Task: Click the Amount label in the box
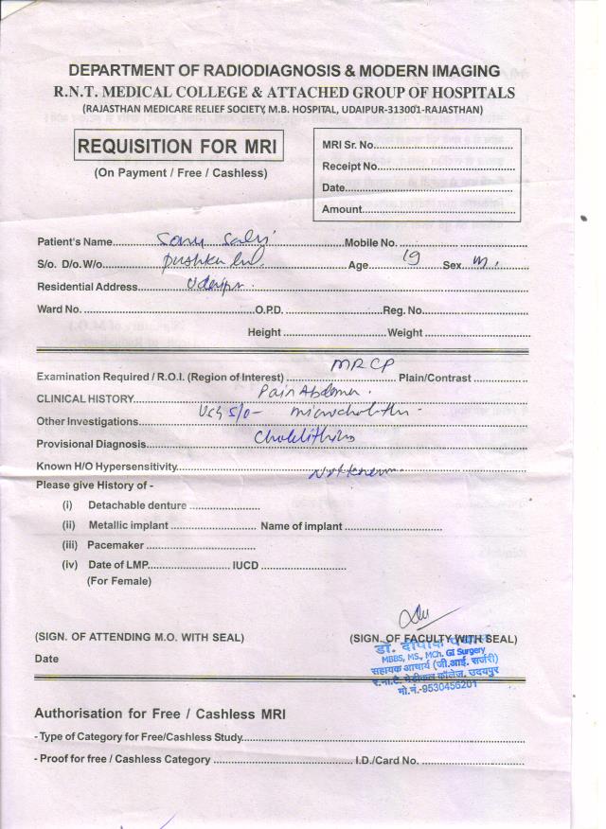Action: [x=342, y=209]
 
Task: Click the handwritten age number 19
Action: [x=411, y=256]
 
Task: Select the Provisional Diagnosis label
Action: [x=91, y=444]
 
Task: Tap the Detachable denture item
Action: [x=137, y=505]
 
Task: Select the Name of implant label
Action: [x=301, y=525]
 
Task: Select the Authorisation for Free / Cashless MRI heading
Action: [x=159, y=714]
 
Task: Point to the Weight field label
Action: [x=405, y=332]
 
